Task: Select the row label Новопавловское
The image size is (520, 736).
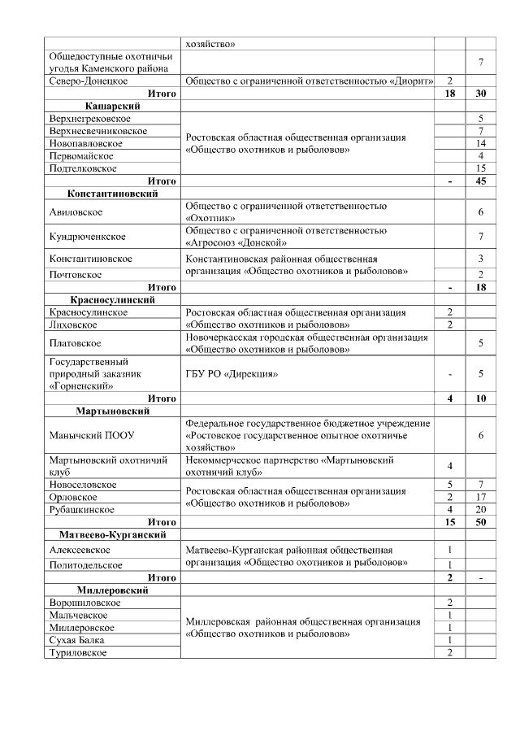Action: coord(86,143)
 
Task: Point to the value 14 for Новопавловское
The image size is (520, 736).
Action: coord(481,143)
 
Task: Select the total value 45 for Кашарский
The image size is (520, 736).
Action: coord(481,181)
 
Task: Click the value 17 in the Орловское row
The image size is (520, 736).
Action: coord(481,497)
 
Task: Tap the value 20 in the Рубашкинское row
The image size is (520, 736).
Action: coord(481,509)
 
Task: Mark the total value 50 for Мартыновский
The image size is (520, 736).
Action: coord(481,522)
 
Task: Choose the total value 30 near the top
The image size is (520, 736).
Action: coord(481,94)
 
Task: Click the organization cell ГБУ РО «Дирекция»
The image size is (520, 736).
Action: coord(232,374)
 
